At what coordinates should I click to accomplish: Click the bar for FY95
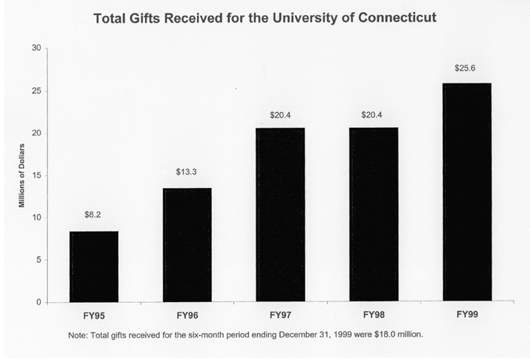[x=94, y=267]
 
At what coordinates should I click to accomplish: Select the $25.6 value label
[x=466, y=68]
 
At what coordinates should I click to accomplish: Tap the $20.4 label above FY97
[x=280, y=115]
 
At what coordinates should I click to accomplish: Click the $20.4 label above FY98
[x=374, y=115]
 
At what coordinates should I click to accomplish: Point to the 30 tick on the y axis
[x=36, y=49]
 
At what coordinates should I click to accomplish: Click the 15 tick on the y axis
[x=36, y=176]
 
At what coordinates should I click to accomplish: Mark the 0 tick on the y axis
[x=38, y=303]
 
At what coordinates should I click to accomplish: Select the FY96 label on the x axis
[x=187, y=315]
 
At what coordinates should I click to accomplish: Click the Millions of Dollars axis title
[x=23, y=174]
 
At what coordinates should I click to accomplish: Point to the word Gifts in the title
[x=150, y=16]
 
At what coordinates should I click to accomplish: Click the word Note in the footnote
[x=77, y=334]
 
